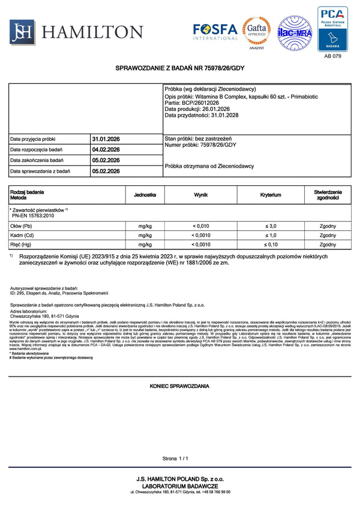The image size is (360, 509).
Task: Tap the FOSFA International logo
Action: coord(214,31)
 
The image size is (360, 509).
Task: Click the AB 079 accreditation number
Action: coord(332,56)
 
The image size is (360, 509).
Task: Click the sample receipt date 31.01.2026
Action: coord(106,139)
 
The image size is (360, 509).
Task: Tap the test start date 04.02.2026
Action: coord(106,150)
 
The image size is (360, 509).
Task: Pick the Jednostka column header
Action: coord(145,195)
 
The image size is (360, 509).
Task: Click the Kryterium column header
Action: coord(271,195)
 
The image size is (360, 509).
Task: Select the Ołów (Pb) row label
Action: coord(21,226)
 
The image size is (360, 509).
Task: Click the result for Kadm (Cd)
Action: coord(201,236)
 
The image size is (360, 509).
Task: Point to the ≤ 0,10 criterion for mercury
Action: coord(271,245)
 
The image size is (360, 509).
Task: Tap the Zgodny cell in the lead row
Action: coord(328,226)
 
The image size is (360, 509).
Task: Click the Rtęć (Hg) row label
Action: coord(21,245)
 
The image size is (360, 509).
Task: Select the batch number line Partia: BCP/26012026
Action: coord(193,103)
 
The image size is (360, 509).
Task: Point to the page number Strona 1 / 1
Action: coord(175,459)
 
